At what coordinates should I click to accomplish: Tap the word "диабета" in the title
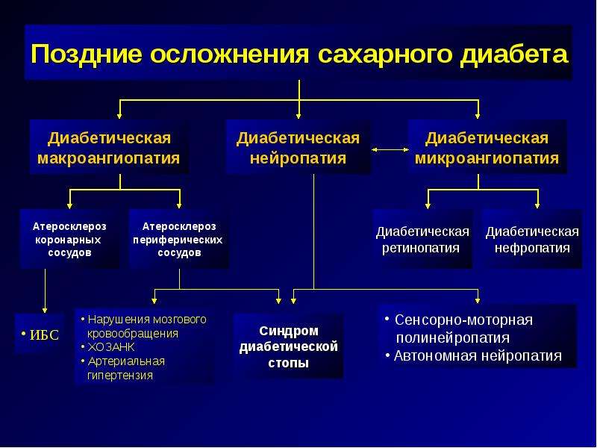(513, 55)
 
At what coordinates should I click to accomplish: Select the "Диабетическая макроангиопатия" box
(108, 147)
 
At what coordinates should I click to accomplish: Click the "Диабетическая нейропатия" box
(298, 147)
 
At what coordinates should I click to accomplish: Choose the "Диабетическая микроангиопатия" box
(487, 147)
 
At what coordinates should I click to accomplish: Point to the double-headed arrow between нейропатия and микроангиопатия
(390, 150)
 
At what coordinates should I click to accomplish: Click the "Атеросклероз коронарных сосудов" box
(69, 239)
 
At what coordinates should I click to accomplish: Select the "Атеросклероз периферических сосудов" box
(179, 239)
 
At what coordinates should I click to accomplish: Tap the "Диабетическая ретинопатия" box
(422, 239)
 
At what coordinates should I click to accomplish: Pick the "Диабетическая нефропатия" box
(532, 239)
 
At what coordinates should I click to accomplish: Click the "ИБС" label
(44, 335)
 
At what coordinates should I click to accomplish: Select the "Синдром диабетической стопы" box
(288, 346)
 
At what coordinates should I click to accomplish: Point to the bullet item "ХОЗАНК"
(111, 347)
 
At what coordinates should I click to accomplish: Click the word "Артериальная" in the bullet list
(126, 361)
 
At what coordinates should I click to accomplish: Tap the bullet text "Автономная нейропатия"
(478, 355)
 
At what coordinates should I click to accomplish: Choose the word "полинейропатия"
(453, 337)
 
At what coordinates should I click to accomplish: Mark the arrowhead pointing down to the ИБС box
(45, 310)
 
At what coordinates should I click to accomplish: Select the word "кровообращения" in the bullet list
(133, 333)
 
